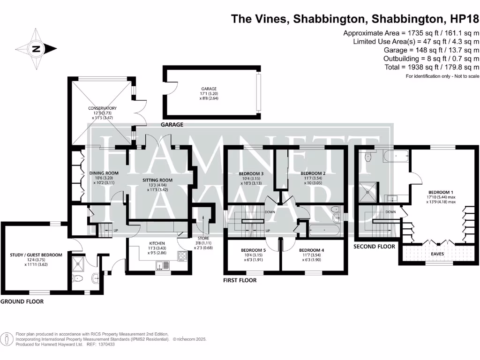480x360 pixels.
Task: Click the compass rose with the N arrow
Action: point(37,48)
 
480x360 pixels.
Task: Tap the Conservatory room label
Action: point(102,109)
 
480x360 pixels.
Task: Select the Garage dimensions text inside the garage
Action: point(210,96)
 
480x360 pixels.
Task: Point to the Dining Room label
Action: point(104,173)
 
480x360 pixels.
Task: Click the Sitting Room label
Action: point(157,180)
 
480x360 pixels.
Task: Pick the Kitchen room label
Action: point(157,243)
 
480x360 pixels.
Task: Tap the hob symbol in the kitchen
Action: point(182,256)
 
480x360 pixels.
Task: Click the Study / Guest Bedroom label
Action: point(36,255)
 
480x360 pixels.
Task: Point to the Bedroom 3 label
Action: point(251,173)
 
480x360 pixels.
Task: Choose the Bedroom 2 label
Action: point(313,173)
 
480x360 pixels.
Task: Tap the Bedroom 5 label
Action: point(253,250)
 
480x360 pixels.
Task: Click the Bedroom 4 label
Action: point(311,250)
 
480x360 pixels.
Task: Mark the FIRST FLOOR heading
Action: point(240,280)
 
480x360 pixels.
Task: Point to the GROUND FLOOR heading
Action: point(22,301)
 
